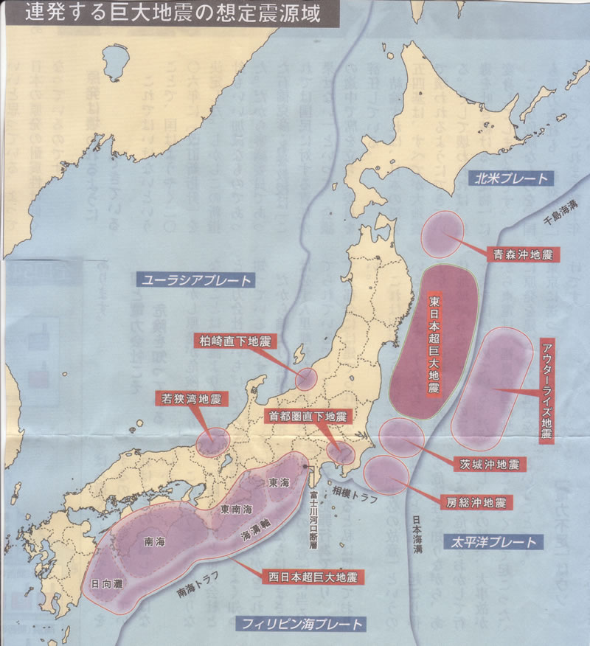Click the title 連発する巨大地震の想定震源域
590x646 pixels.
click(172, 14)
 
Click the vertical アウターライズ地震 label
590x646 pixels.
click(546, 392)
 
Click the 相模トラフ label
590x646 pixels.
click(354, 490)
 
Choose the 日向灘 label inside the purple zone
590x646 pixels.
click(107, 583)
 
